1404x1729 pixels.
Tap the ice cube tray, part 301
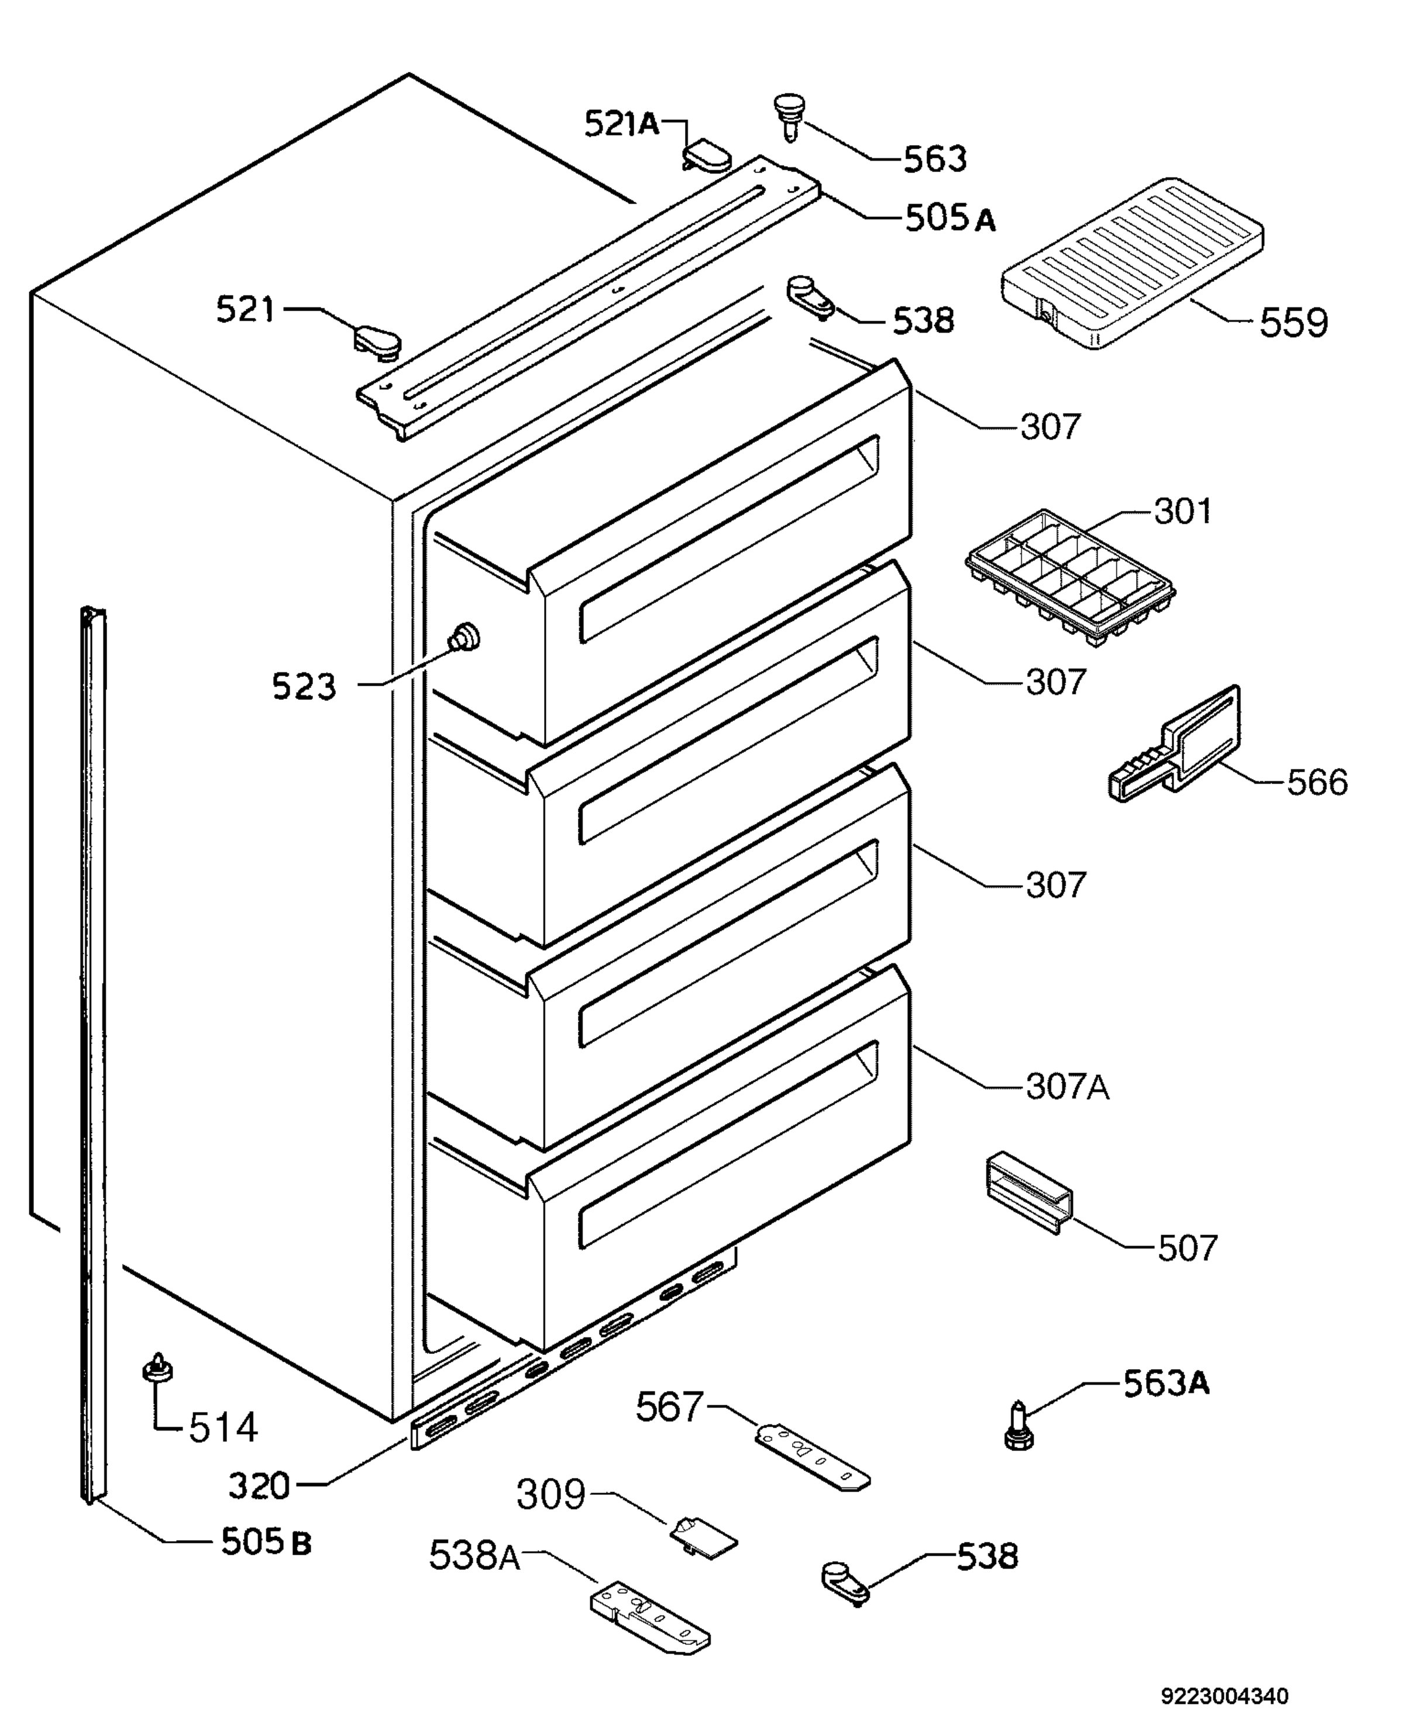pos(1070,578)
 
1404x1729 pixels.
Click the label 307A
pos(1068,1088)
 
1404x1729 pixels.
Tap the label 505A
pos(949,218)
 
